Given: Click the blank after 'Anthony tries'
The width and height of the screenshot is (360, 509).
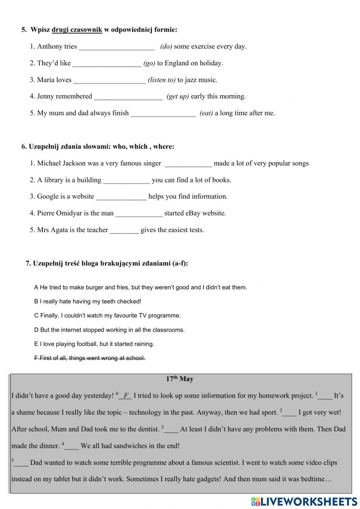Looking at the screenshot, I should click(x=117, y=47).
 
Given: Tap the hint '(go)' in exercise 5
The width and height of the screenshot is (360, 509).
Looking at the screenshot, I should click(x=149, y=63).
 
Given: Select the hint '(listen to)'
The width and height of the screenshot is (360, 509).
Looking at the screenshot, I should click(x=162, y=80).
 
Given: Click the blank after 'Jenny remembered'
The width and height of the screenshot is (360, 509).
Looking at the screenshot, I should click(x=128, y=97).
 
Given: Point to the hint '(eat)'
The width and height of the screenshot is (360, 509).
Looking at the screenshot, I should click(x=206, y=113).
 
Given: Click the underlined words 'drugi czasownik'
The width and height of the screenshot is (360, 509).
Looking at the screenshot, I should click(x=77, y=30).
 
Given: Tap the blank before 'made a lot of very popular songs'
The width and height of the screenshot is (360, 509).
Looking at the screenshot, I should click(x=188, y=164).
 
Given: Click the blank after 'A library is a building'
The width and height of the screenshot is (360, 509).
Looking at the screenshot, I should click(x=126, y=180).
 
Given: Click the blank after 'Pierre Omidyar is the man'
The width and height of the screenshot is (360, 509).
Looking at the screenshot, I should click(x=139, y=214).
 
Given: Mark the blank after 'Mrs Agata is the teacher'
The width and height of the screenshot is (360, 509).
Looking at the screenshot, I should click(x=124, y=230).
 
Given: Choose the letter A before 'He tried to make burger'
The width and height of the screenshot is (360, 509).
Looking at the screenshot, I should click(x=36, y=287).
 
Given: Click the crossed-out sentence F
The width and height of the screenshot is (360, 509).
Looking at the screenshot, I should click(x=90, y=358).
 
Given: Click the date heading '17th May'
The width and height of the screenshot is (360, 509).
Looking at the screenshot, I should click(x=180, y=379).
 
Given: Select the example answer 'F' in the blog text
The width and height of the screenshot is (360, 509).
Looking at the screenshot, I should click(x=126, y=396).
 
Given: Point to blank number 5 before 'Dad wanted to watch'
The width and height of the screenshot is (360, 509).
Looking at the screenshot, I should click(x=21, y=463).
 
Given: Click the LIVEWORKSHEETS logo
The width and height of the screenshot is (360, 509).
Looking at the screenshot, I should click(x=304, y=501).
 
